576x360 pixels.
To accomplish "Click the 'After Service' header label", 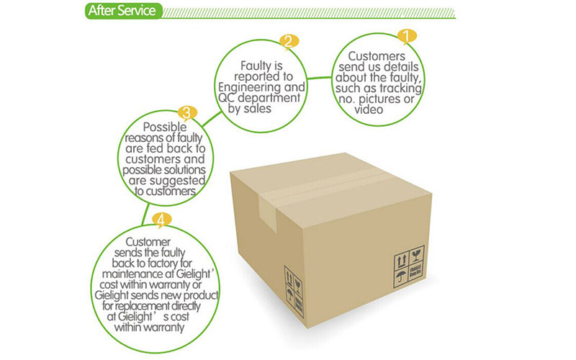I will coord(121,12).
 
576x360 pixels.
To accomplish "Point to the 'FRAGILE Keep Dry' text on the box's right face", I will coord(416,274).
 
